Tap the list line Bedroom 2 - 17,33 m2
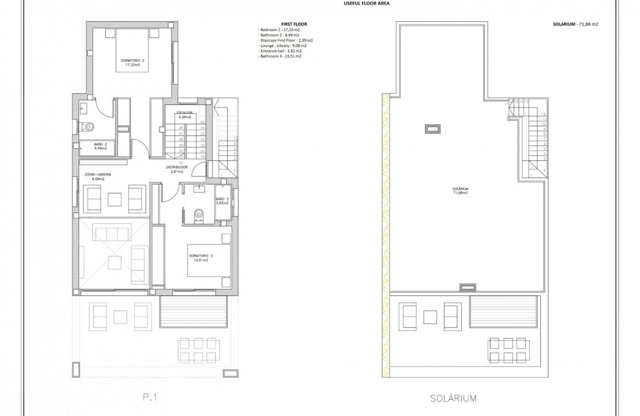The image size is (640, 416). (x=279, y=30)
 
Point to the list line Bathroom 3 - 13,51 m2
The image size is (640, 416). (x=280, y=56)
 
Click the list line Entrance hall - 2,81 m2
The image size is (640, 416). (x=280, y=51)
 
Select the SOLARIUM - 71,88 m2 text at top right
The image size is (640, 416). (x=575, y=24)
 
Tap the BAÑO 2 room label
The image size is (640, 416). (x=100, y=144)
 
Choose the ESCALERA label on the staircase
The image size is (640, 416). (x=185, y=113)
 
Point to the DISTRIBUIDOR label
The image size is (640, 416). (x=177, y=167)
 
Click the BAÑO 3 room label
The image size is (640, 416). (x=221, y=200)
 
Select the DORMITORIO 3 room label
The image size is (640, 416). (x=200, y=256)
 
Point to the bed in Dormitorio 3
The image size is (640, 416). (x=208, y=260)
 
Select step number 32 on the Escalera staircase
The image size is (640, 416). (x=181, y=162)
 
